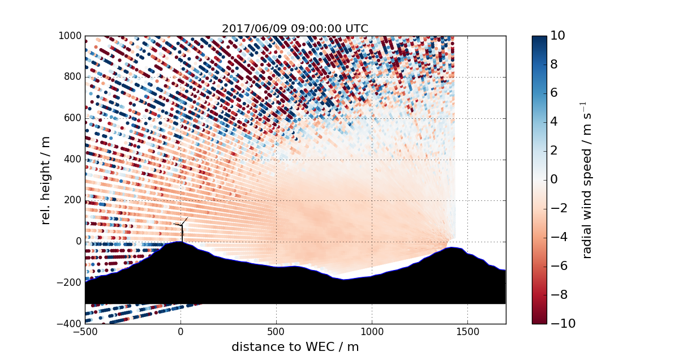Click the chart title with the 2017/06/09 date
pos(295,28)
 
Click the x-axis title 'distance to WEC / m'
pos(295,347)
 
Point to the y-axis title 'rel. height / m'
pos(46,179)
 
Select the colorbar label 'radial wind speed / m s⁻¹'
pos(588,179)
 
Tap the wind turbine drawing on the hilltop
pos(182,229)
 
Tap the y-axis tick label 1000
pos(71,36)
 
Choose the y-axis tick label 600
pos(74,118)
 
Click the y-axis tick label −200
pos(71,282)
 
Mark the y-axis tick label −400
pos(71,324)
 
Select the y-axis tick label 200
pos(74,200)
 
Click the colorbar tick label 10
pos(558,36)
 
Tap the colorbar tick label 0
pos(555,179)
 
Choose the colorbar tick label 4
pos(555,122)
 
